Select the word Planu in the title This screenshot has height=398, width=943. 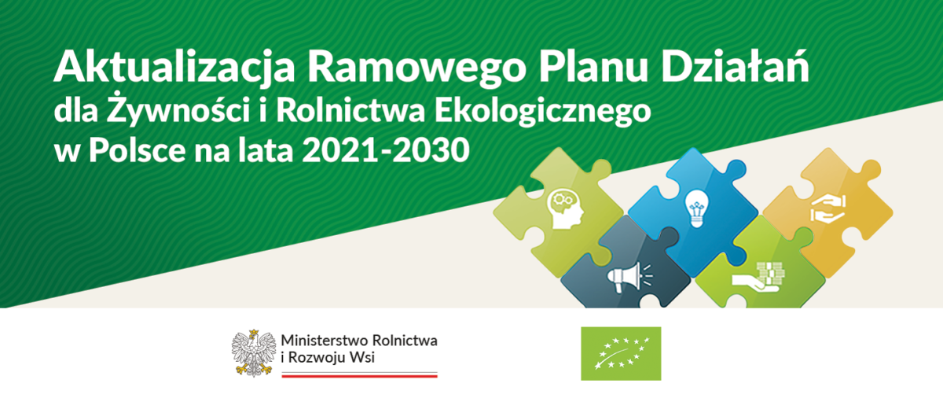point(593,66)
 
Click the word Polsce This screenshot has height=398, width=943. point(138,150)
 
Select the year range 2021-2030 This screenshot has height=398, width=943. point(386,150)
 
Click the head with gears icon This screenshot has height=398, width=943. point(565,209)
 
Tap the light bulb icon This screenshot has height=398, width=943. point(696,208)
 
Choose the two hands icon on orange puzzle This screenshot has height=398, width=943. point(828,208)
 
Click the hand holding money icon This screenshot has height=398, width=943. point(758,277)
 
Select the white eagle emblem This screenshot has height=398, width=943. point(253,353)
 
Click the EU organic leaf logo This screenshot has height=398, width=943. point(621,354)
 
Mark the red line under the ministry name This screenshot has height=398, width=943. point(360,376)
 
